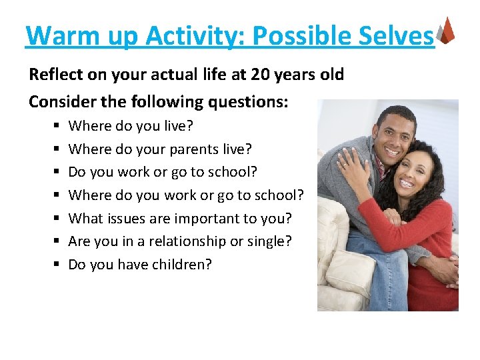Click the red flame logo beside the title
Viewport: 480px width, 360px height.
click(447, 30)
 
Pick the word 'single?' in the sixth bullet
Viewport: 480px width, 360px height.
click(269, 241)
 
